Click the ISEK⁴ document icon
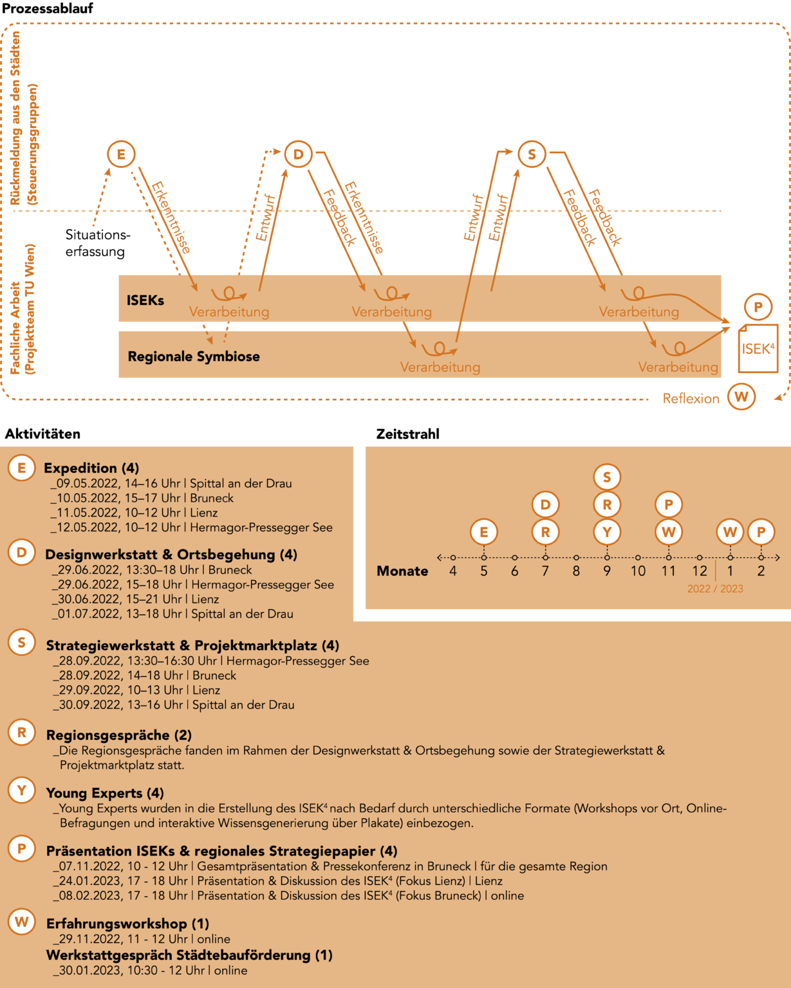pos(758,349)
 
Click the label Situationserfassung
pos(98,243)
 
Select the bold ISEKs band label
pos(145,300)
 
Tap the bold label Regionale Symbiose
pos(193,356)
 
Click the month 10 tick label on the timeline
pos(638,571)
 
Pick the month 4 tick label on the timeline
pos(453,571)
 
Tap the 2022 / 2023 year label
pos(715,589)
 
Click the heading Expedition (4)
pos(91,468)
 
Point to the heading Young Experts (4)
pos(105,793)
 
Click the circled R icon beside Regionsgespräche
pos(22,732)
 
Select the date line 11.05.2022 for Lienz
pos(134,513)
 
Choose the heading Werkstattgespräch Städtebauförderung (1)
pos(189,955)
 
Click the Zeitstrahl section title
pos(407,434)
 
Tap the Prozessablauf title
pos(48,8)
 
